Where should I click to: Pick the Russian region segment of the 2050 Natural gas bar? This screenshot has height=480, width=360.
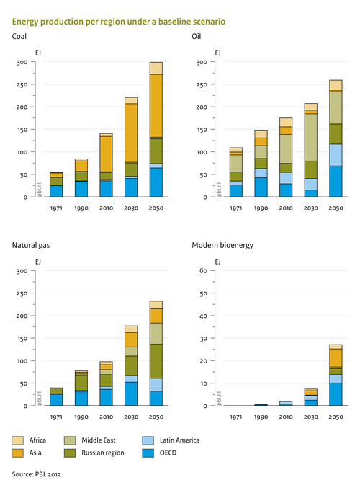[172, 360]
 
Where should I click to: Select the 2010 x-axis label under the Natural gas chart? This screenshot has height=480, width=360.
[106, 417]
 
